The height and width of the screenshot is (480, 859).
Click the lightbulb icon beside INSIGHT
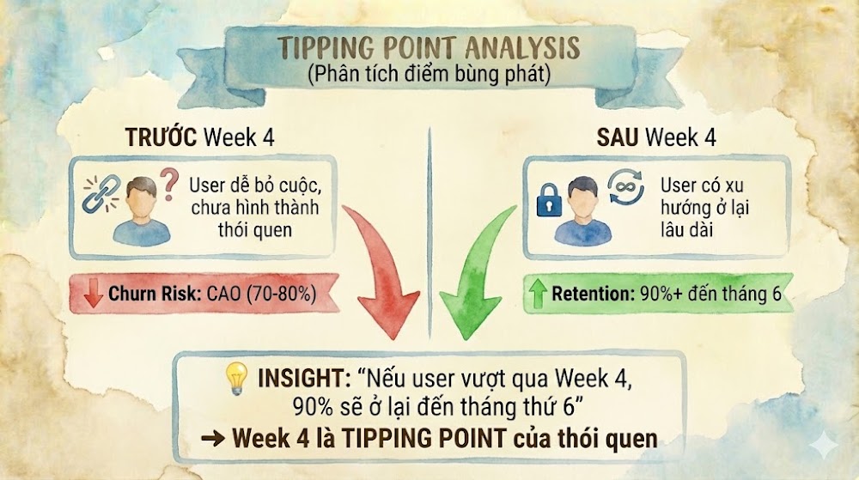click(x=237, y=378)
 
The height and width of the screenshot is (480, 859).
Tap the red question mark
click(x=169, y=184)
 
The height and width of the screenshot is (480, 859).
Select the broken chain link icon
click(x=101, y=193)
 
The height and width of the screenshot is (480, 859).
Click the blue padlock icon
click(x=549, y=200)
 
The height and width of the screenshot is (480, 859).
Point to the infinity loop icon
click(x=625, y=186)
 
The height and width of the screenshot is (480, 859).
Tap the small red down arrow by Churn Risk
click(x=93, y=293)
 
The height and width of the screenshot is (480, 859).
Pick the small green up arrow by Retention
click(x=538, y=293)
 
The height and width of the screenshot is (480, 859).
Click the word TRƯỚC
click(x=161, y=137)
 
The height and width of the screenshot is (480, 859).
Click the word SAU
click(x=617, y=137)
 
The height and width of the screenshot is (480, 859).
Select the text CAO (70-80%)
click(x=261, y=294)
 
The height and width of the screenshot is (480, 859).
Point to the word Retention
click(x=593, y=294)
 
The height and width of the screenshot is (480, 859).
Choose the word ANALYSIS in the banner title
click(x=522, y=48)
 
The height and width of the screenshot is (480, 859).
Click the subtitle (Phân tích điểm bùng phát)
click(x=429, y=74)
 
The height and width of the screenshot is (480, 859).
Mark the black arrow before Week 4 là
click(x=212, y=439)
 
